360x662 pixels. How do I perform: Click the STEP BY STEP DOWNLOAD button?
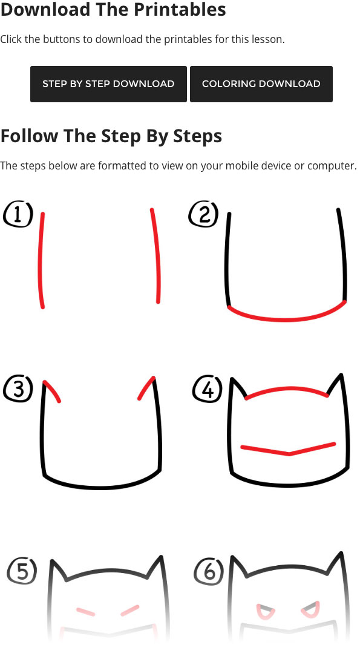coord(108,84)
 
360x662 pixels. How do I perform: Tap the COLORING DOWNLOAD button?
coord(261,84)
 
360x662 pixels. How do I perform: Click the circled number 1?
coord(18,214)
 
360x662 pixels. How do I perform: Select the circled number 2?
coord(203,214)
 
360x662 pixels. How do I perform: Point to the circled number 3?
coord(18,388)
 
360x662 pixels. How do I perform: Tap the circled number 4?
coord(208,388)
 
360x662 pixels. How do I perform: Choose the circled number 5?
coord(22,571)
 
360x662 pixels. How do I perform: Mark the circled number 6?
coord(209,571)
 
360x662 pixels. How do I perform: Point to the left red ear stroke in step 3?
coord(52,390)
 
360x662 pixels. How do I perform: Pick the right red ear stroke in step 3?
coord(146,388)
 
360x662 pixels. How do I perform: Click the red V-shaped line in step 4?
coord(288,450)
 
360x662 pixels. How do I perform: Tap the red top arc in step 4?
coord(287,388)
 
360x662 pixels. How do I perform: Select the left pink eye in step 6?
coord(265,611)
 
